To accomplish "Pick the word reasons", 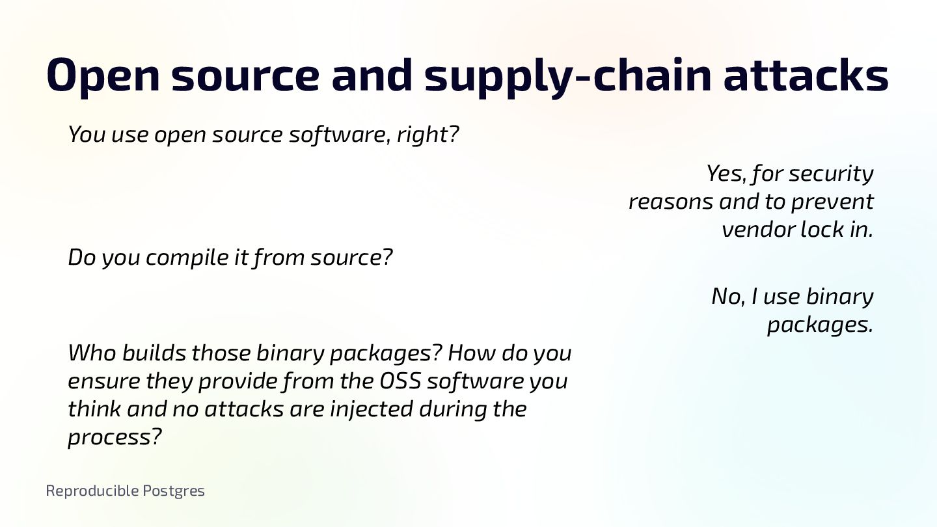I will [671, 202].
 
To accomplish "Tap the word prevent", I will [832, 202].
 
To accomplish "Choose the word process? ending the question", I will [114, 438].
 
